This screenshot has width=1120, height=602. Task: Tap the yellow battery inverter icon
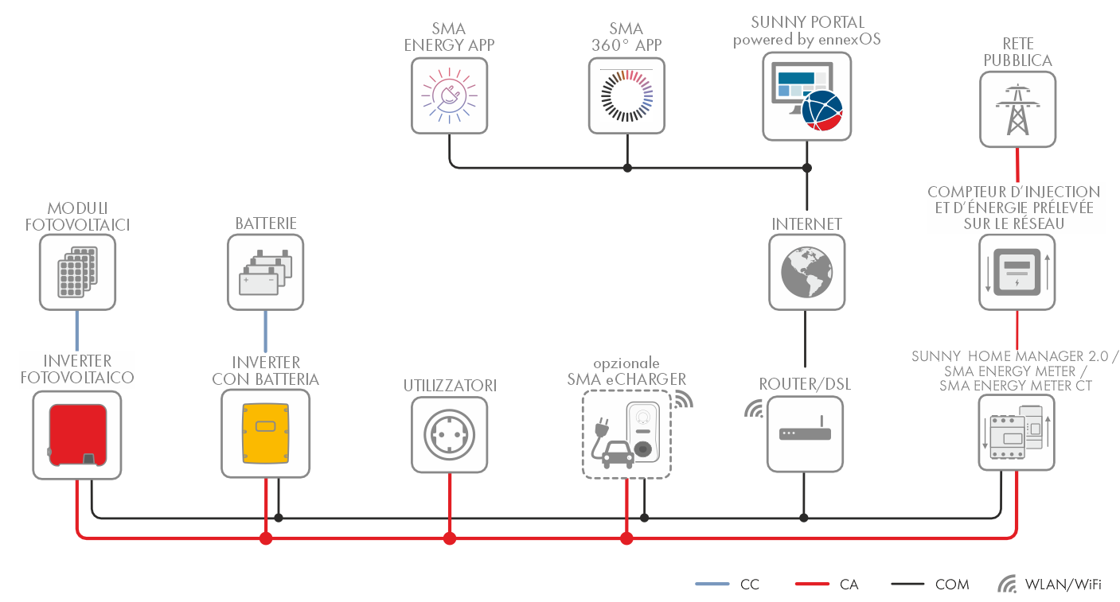pyautogui.click(x=265, y=434)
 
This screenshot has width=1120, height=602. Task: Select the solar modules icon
pyautogui.click(x=77, y=272)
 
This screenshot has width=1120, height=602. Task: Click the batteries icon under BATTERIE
pyautogui.click(x=265, y=272)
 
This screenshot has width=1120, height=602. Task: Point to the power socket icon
pyautogui.click(x=450, y=434)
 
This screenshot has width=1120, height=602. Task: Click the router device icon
pyautogui.click(x=805, y=434)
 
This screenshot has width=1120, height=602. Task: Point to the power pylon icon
pyautogui.click(x=1017, y=109)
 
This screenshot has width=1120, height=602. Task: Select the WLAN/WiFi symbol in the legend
pyautogui.click(x=1007, y=585)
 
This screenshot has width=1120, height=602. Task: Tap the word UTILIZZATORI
pyautogui.click(x=450, y=386)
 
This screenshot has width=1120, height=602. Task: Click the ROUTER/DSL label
pyautogui.click(x=805, y=384)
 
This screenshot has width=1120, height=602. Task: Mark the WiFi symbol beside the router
pyautogui.click(x=752, y=409)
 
